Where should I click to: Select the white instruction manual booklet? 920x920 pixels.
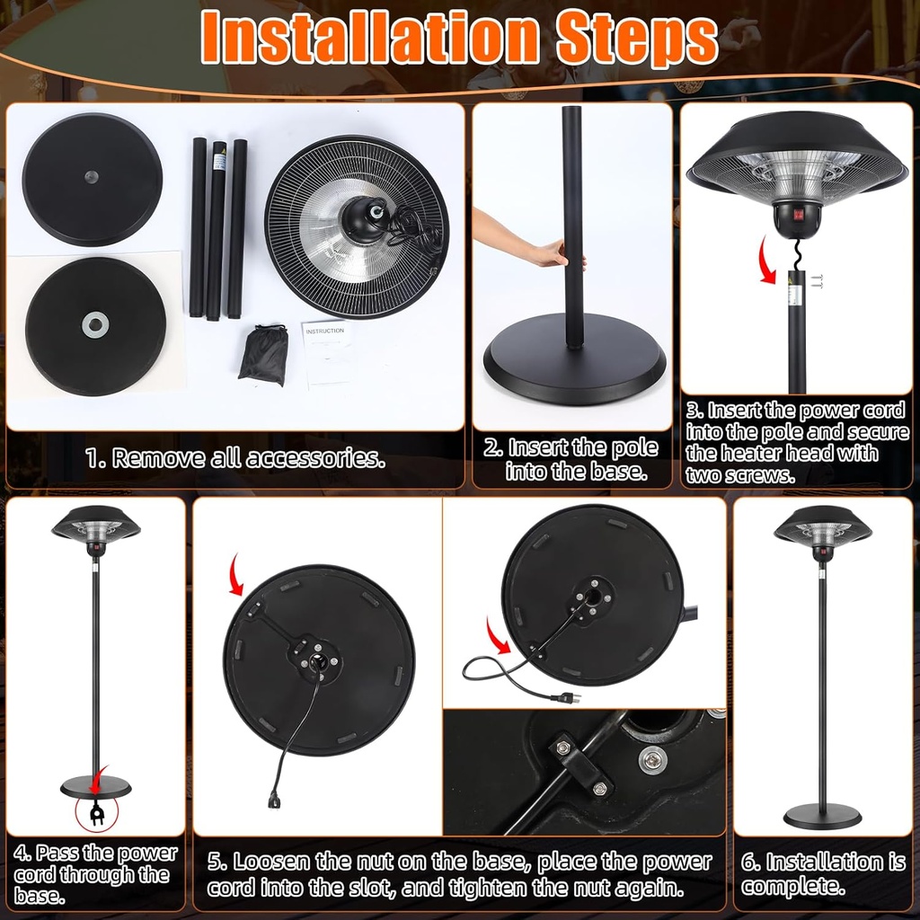click(324, 353)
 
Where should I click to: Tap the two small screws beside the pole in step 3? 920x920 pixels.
click(817, 281)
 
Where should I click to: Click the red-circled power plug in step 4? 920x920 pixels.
click(95, 814)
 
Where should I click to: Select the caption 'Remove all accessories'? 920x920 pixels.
click(235, 458)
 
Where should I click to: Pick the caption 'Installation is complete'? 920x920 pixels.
click(822, 873)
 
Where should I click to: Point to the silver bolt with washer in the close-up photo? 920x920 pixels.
click(650, 760)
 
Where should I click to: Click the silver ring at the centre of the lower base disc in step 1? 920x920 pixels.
click(95, 324)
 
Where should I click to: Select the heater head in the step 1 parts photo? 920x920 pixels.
click(357, 226)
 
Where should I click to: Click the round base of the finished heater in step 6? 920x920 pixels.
click(821, 816)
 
